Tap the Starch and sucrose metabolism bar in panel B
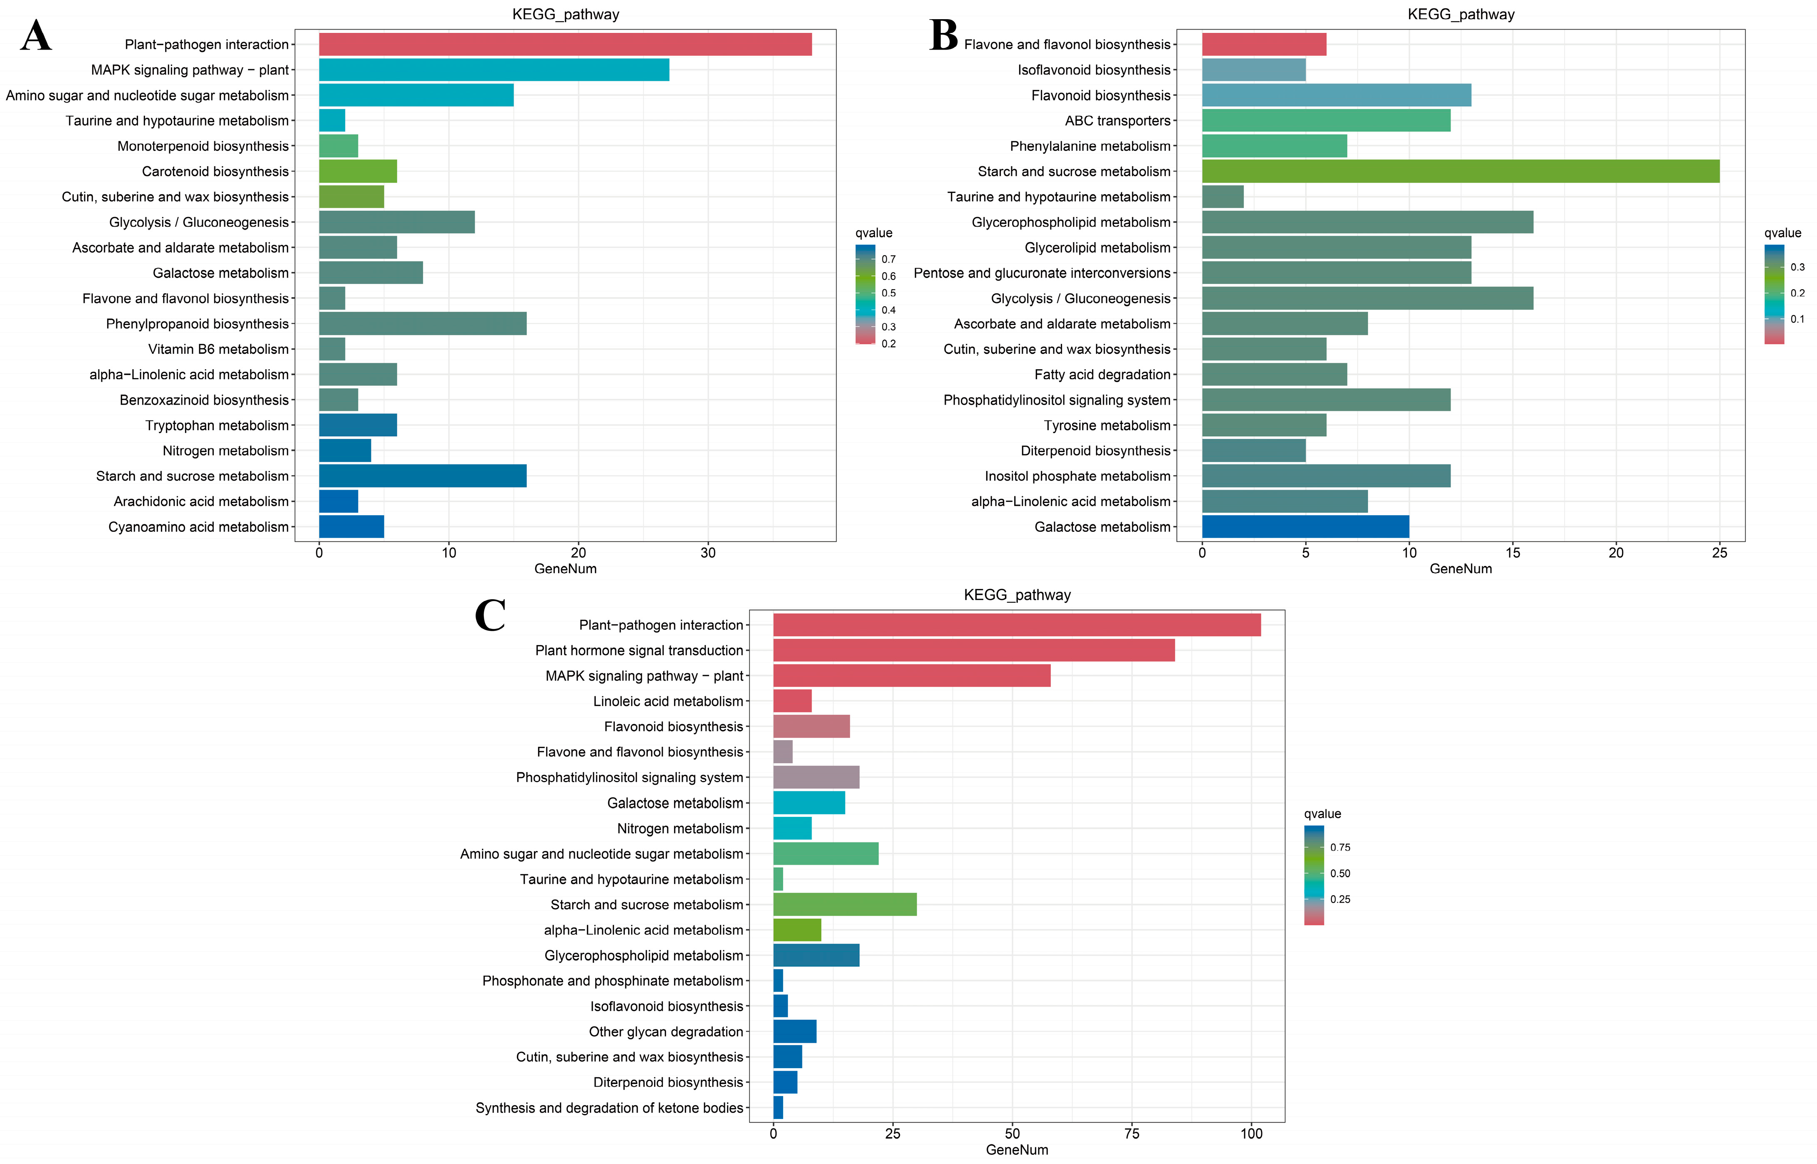tap(1460, 172)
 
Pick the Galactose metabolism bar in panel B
tap(1305, 527)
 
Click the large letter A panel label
tap(36, 36)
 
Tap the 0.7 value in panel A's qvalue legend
tap(888, 259)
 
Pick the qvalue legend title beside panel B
tap(1782, 233)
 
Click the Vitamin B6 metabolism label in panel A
tap(218, 349)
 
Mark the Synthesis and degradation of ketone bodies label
tap(609, 1108)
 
